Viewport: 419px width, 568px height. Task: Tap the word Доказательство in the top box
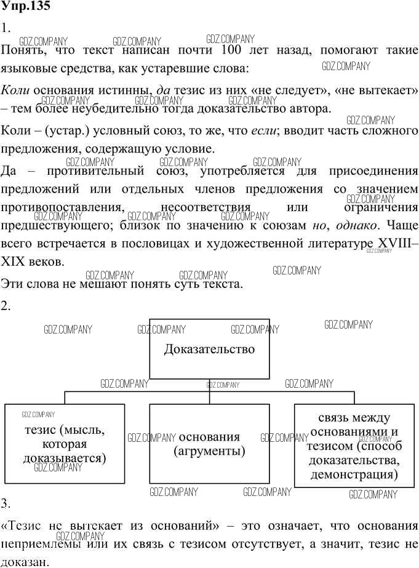pos(209,350)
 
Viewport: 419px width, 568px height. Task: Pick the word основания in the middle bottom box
pos(209,437)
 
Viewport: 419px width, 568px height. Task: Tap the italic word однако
pos(359,225)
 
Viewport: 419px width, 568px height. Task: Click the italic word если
pos(264,130)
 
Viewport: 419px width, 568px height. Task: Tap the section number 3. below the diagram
pos(7,504)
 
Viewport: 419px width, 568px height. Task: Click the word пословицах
pos(166,243)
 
